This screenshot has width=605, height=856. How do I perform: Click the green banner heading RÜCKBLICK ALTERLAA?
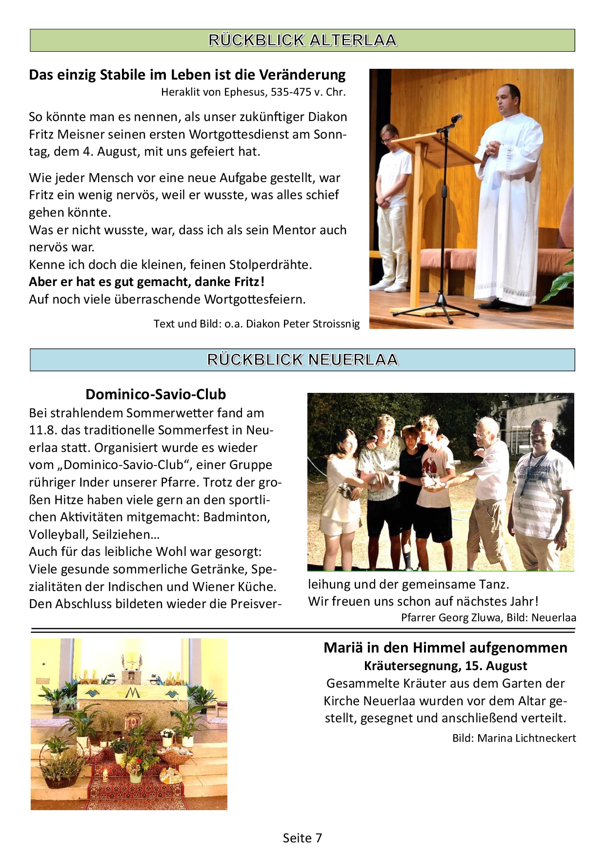[x=302, y=40]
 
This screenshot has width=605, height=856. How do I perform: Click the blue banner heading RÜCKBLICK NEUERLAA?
[x=302, y=360]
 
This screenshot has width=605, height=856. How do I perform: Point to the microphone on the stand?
[x=456, y=119]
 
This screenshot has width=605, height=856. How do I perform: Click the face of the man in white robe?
[x=506, y=100]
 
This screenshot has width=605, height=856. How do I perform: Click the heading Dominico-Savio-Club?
[x=156, y=394]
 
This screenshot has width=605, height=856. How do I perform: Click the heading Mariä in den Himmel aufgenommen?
[x=445, y=648]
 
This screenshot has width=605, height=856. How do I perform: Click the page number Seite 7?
[x=302, y=838]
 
